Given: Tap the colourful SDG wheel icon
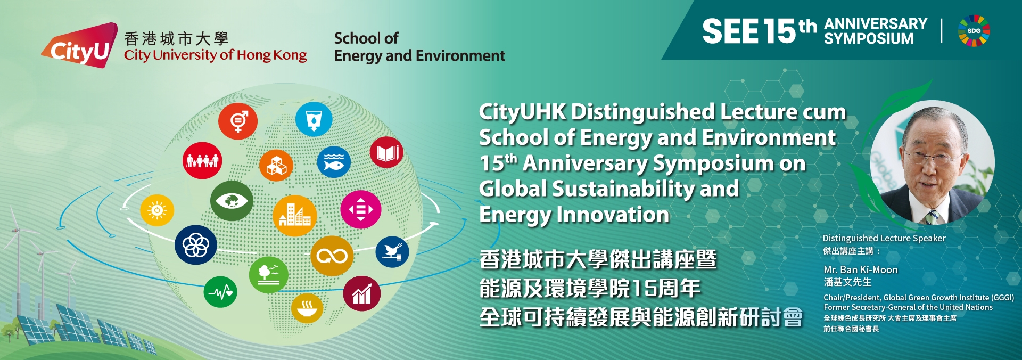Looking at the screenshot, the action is coord(974,31).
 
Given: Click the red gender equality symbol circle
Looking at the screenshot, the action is coord(237,121).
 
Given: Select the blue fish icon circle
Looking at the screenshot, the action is coord(334,162).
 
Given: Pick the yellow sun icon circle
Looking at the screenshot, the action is coord(157,210).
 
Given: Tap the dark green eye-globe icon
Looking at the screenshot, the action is coord(232,201).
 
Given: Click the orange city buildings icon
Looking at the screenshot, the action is coord(294,216).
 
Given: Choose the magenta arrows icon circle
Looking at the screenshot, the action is coord(361,209).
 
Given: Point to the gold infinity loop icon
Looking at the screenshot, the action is coord(332,256).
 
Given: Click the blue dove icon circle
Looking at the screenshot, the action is coord(392,252).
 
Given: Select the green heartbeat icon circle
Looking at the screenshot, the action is coord(220,292).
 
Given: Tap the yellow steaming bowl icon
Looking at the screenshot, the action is coord(307,308).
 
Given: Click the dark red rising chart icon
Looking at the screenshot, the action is coord(362,293).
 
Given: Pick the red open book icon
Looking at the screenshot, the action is coord(387,153).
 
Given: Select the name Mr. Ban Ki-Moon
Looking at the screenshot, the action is coord(861,270).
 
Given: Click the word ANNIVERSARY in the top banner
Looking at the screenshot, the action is coord(876,24).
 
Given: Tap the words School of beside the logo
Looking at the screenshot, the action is coord(366,38).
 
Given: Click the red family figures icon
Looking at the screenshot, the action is coord(202,160).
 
